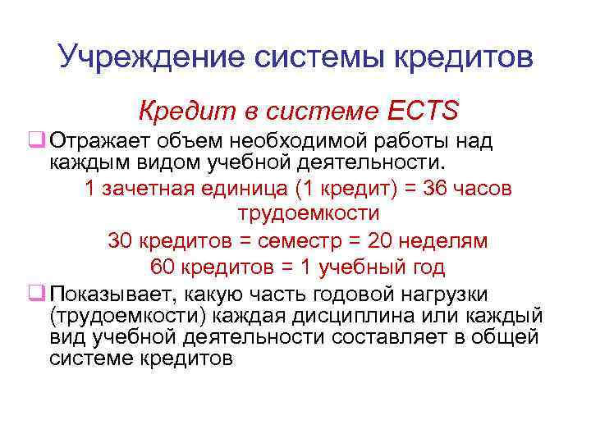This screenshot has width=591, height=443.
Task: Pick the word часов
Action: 486,188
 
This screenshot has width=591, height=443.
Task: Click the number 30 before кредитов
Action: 119,241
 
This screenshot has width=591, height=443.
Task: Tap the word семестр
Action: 303,241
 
